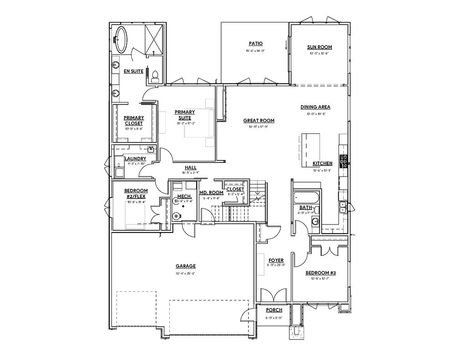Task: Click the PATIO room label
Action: pos(255,44)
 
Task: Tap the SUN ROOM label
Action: pos(319,47)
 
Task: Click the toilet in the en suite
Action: pos(155,76)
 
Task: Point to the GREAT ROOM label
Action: pos(258,121)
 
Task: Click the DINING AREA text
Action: pos(315,107)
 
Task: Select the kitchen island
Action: pos(309,144)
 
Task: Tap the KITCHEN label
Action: pos(322,163)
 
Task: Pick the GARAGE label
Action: pos(186,266)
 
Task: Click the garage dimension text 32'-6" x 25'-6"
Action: pos(186,273)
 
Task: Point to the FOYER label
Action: pos(276,260)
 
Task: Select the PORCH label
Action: pos(274,310)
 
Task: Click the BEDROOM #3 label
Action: pos(320,273)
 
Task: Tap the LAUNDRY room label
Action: pos(135,159)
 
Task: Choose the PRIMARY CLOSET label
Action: pos(134,121)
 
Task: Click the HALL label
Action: pos(191,167)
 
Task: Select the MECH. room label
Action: pos(184,197)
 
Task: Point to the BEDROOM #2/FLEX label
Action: pos(136,193)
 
